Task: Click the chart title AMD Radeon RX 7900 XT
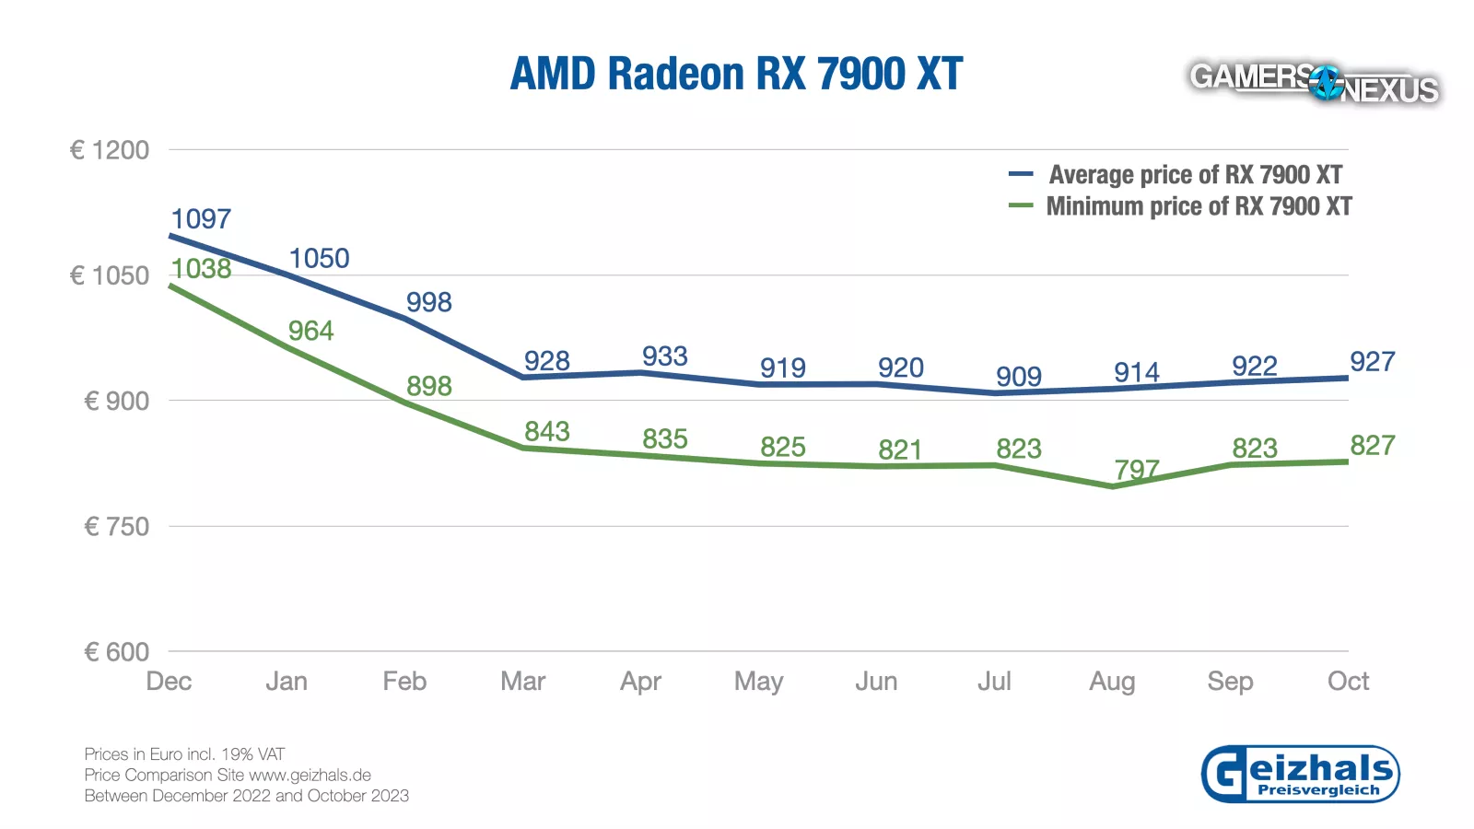point(736,75)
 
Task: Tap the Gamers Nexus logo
point(1314,84)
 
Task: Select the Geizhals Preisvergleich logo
point(1300,774)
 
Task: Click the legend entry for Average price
point(1195,175)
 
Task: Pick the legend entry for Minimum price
point(1199,206)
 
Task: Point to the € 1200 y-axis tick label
point(110,150)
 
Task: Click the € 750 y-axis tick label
point(116,527)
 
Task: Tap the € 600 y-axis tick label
point(116,652)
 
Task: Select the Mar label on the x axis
point(522,682)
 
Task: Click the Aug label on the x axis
point(1112,682)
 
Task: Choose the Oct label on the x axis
point(1348,682)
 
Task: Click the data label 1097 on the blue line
point(201,219)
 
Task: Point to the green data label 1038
point(201,269)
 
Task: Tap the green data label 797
point(1137,469)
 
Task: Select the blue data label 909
point(1019,377)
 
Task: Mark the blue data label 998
point(429,302)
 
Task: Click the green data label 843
point(547,431)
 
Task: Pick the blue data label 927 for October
point(1373,362)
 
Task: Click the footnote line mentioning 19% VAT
point(184,754)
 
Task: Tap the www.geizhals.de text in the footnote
point(310,775)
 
